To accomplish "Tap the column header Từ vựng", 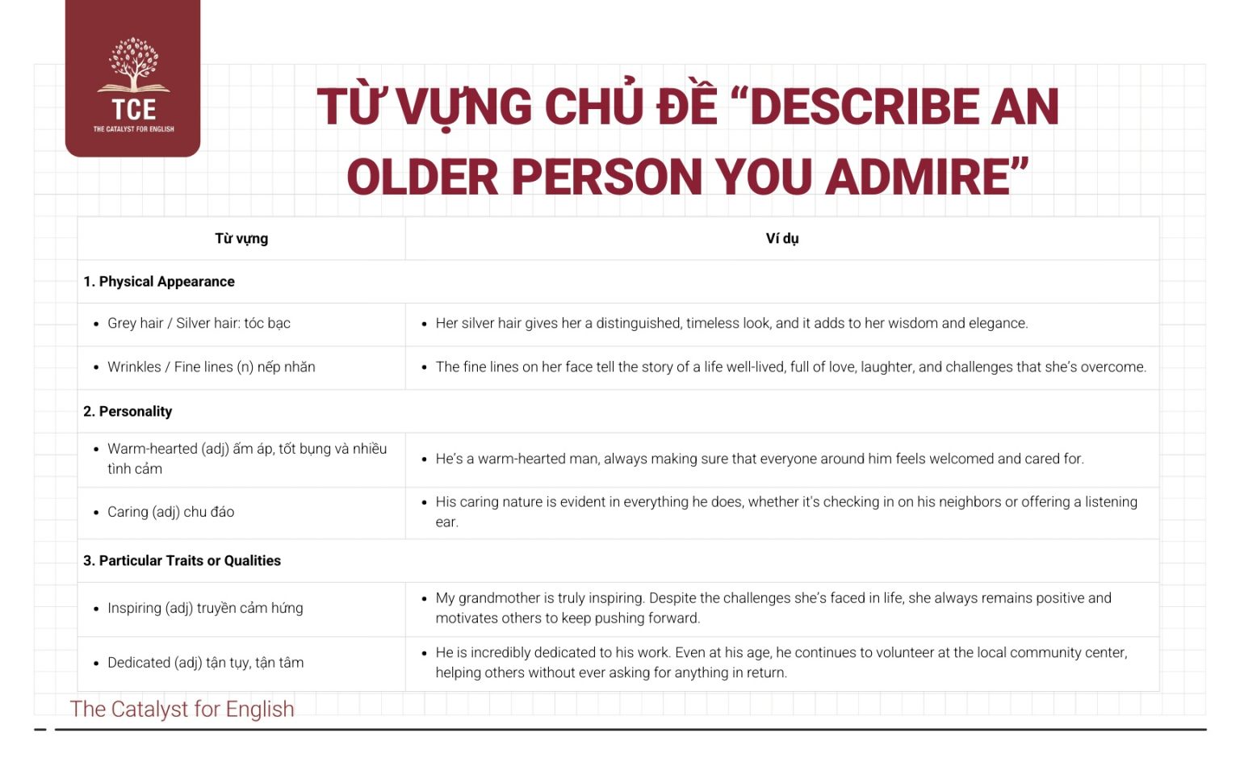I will tap(241, 238).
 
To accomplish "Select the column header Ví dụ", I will tap(781, 238).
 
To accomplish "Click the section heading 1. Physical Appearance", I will tap(159, 282).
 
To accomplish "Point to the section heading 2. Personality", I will tap(128, 412).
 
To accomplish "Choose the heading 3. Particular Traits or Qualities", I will tap(182, 561).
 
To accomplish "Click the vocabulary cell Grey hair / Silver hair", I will tap(199, 324).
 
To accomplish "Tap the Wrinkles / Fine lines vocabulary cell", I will tap(211, 367).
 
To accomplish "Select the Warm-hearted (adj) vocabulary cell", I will tap(246, 459).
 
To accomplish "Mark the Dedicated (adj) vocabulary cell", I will tap(205, 663).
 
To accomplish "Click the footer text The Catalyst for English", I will tap(182, 709).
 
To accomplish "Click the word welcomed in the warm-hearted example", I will tap(961, 459).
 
